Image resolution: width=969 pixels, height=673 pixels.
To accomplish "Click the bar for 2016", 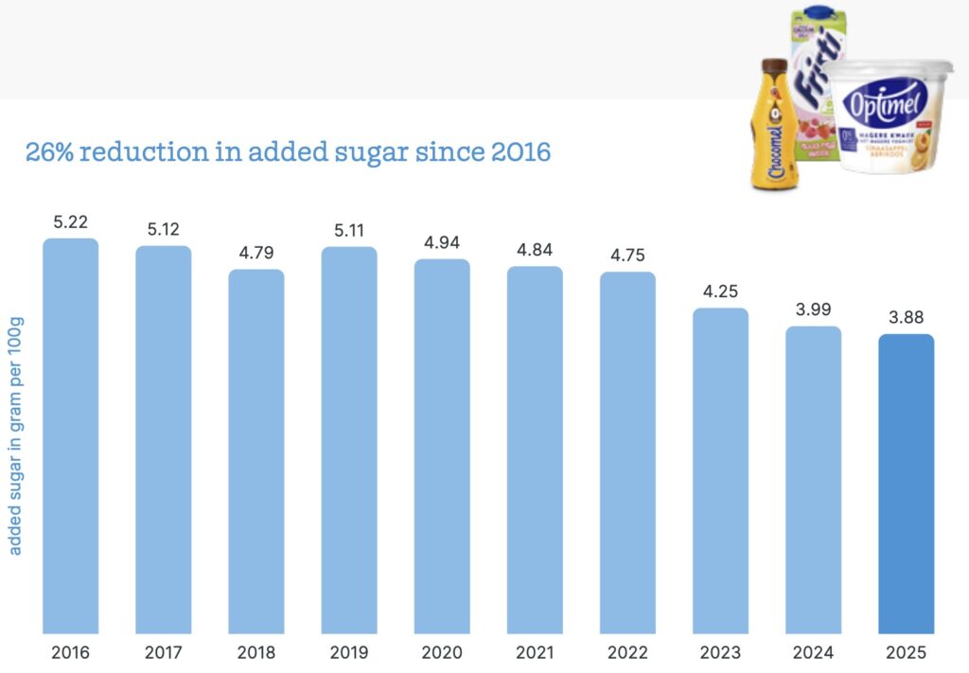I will pos(71,435).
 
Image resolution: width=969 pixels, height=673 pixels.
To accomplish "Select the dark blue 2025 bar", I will pos(907,483).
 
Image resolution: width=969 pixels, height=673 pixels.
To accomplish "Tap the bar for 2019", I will pos(349,440).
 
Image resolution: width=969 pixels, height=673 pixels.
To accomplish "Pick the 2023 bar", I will pos(720,470).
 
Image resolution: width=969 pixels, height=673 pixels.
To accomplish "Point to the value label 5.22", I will pos(71,223).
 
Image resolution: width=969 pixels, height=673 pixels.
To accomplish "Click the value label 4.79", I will pos(256,255).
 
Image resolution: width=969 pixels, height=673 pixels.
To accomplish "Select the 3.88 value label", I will pos(907,319).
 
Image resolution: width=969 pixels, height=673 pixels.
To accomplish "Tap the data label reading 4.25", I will pos(720,292).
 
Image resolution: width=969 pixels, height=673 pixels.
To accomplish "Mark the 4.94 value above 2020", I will pos(442,244).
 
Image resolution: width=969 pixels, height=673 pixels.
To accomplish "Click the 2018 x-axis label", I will pos(256,653).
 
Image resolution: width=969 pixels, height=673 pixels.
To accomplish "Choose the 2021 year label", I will pos(535,653).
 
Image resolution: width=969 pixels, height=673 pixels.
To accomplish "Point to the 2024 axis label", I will pos(814,653).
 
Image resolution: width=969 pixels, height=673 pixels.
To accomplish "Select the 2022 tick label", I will pos(627,653).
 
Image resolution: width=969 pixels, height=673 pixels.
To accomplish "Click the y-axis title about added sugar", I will pos(16,435).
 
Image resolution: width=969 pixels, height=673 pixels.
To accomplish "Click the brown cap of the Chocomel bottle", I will pos(773,66).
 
